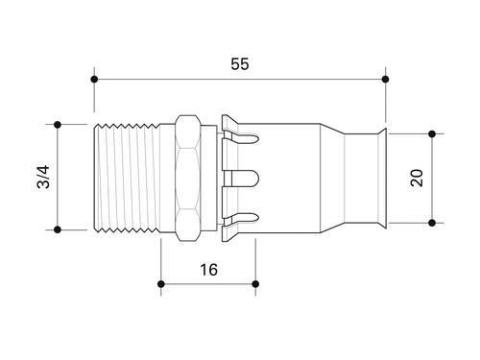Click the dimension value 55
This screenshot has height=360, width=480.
[240, 64]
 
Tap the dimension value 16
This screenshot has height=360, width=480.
[208, 270]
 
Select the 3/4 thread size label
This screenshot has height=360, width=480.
[43, 177]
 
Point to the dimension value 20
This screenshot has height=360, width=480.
[417, 178]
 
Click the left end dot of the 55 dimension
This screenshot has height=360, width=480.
[94, 79]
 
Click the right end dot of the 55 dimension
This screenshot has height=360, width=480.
[385, 79]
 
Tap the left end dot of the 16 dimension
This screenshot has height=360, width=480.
[161, 284]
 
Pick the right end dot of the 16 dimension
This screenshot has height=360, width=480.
[255, 284]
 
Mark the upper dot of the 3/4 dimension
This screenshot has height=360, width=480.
[58, 125]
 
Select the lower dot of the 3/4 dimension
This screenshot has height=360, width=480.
[58, 229]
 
